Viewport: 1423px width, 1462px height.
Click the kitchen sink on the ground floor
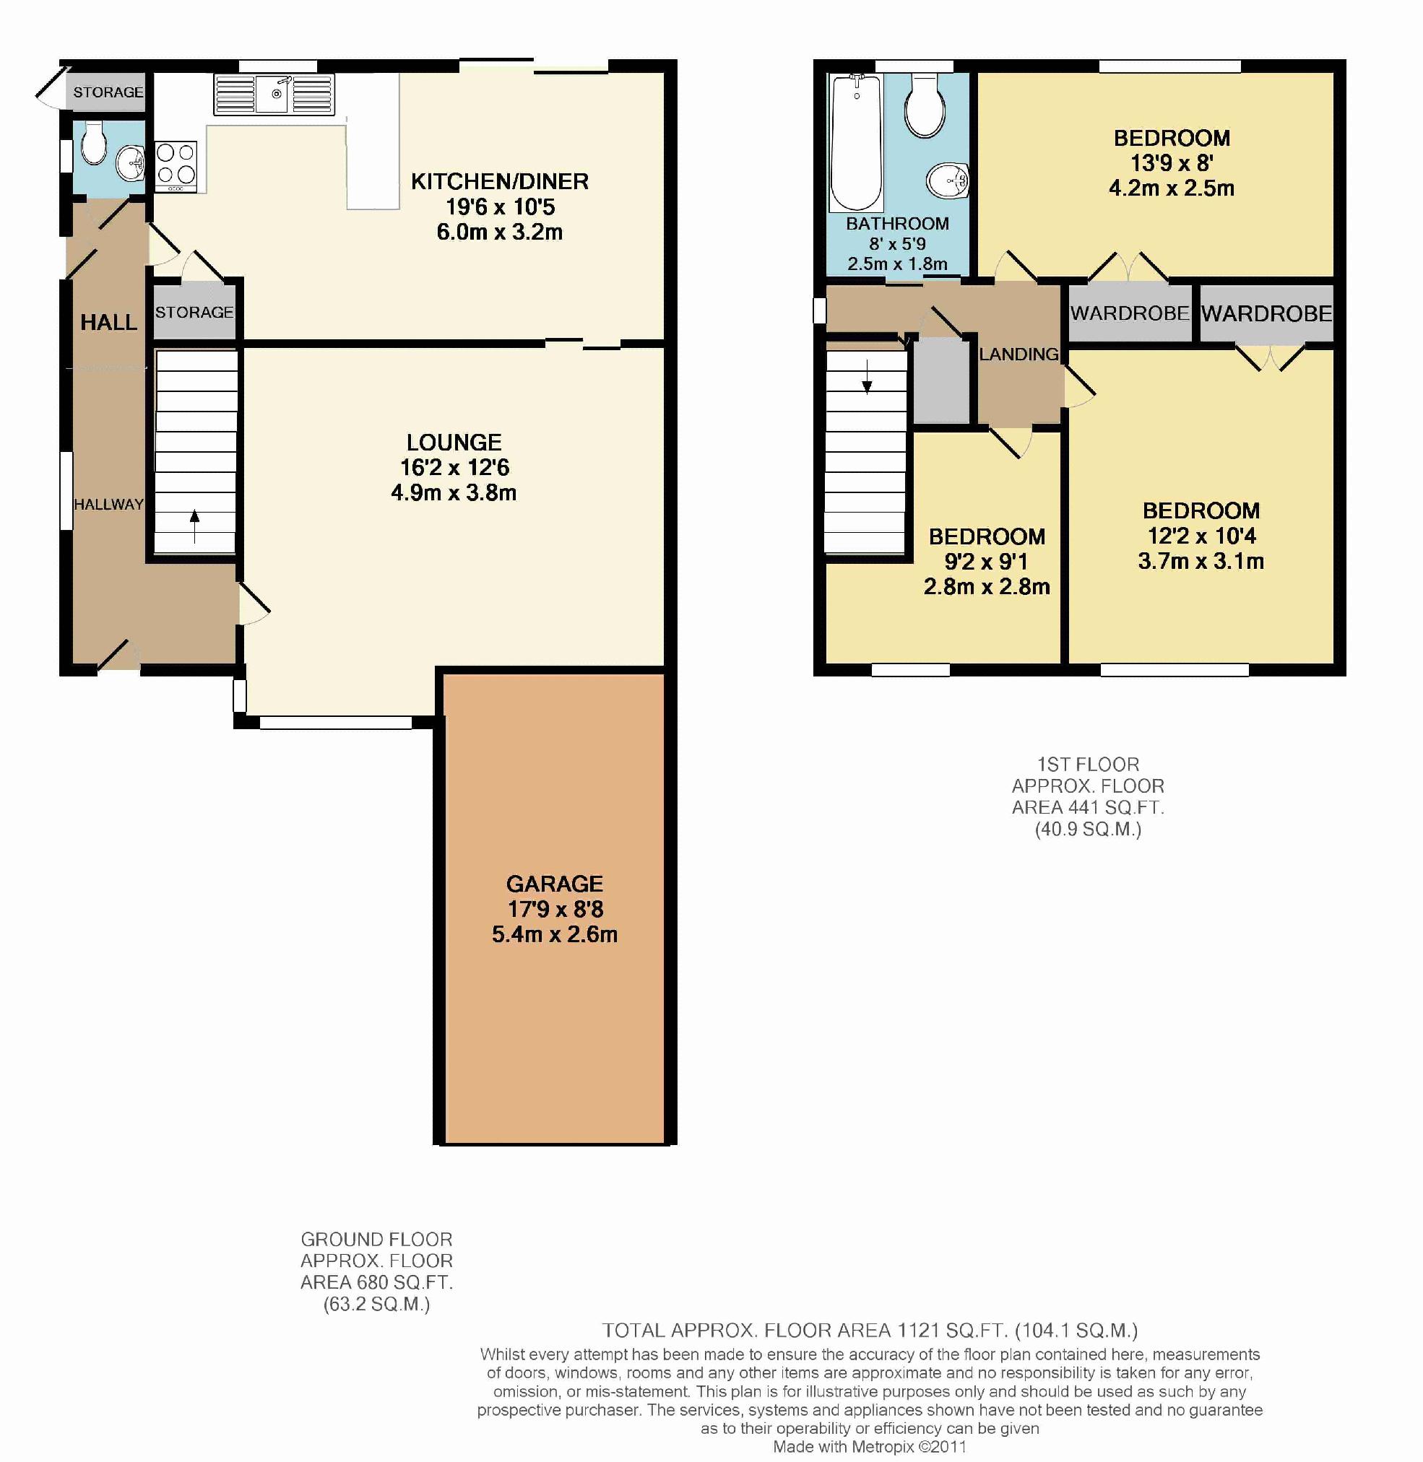tap(274, 94)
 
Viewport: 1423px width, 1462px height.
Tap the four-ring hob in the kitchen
tap(176, 166)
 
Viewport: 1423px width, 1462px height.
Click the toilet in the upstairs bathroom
tap(925, 105)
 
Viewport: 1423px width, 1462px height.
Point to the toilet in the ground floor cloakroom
tap(93, 142)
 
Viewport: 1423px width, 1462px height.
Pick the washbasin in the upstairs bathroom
tap(947, 180)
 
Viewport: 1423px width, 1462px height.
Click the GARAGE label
tap(555, 884)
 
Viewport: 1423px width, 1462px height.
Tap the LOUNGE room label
tap(454, 443)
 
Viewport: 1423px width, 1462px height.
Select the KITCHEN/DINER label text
tap(499, 181)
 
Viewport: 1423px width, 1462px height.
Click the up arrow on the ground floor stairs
tap(194, 526)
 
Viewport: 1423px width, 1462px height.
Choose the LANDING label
tap(1018, 354)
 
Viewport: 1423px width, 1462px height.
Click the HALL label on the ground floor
tap(109, 322)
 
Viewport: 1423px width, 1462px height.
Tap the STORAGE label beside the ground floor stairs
tap(194, 313)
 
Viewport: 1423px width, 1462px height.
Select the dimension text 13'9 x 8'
tap(1171, 163)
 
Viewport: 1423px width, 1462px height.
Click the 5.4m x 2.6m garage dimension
tap(555, 934)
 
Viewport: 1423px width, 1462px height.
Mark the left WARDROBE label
tap(1129, 313)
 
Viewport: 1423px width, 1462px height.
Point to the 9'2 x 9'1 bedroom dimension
tap(987, 562)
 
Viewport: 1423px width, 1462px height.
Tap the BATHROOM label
tap(898, 223)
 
